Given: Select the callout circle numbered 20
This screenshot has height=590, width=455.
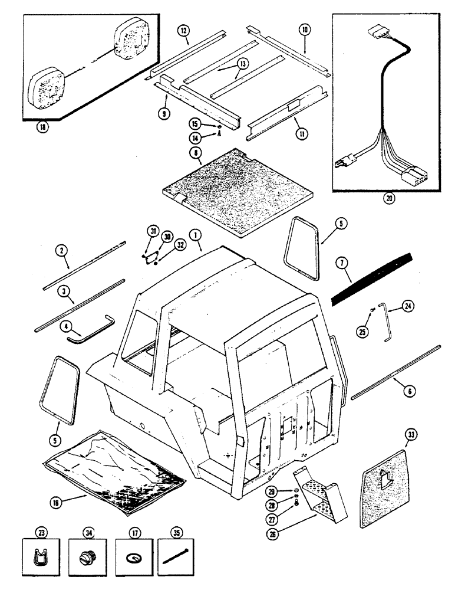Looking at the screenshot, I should (389, 199).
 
